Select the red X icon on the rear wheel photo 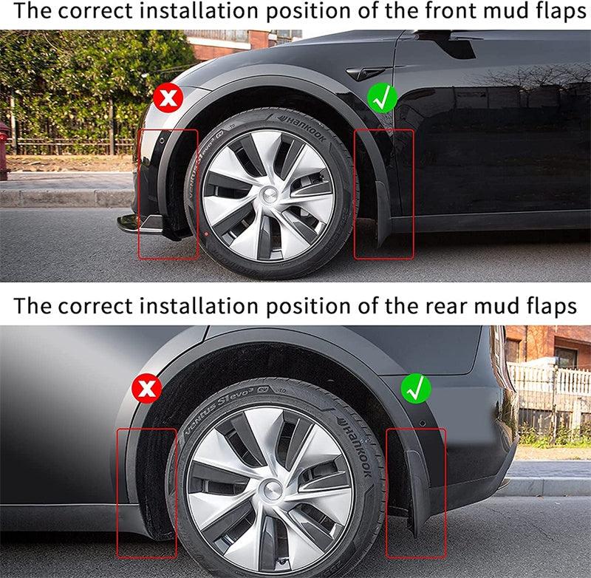click(x=147, y=388)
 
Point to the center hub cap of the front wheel click(x=268, y=194)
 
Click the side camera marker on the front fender click(x=362, y=74)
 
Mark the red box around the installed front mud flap click(x=383, y=194)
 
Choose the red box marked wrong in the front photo click(x=168, y=194)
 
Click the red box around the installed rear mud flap click(x=416, y=492)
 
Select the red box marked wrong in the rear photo click(x=146, y=492)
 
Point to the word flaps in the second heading click(x=550, y=305)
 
